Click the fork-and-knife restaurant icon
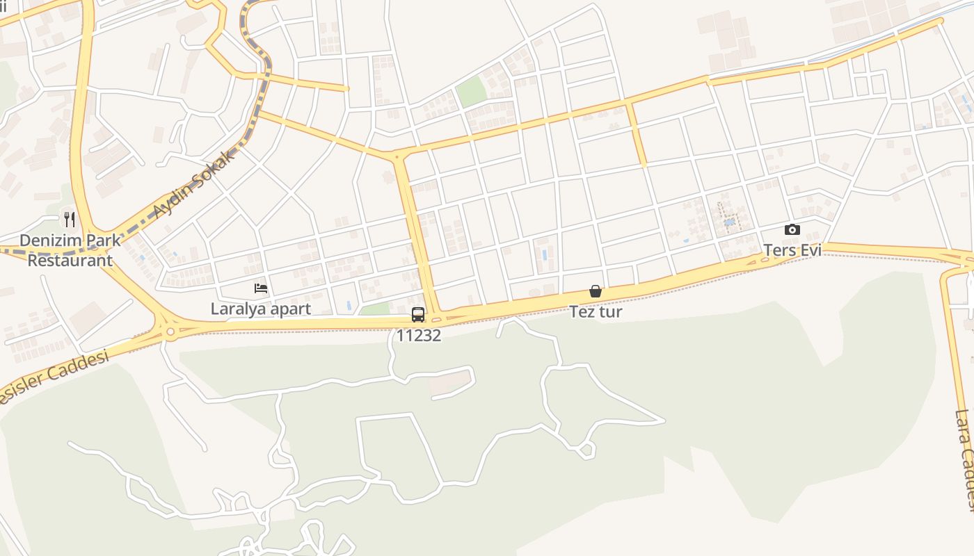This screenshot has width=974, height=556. (70, 220)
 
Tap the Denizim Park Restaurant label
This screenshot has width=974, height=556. (70, 250)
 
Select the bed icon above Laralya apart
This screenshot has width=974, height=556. (261, 288)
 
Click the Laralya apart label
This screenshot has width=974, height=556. (261, 309)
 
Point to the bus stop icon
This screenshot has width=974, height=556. (418, 315)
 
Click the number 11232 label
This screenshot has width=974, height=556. (418, 335)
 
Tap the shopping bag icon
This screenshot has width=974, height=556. (596, 291)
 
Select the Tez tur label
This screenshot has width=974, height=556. (596, 311)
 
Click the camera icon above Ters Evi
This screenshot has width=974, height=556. (792, 230)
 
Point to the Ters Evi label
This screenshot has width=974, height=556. (792, 250)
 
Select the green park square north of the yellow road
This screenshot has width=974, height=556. (472, 92)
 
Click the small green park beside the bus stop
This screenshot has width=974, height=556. (376, 309)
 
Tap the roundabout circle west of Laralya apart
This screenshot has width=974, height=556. (170, 332)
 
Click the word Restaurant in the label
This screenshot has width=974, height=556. (70, 261)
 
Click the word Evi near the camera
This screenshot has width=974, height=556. (810, 250)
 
